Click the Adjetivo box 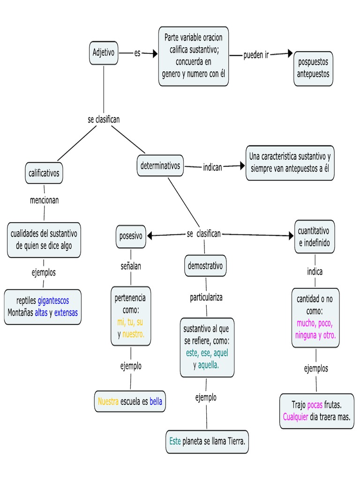coord(103,53)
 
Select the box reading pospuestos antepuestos coord(314,68)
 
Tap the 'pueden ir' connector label coord(256,55)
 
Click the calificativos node coord(44,173)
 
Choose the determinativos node coord(160,165)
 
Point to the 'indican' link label coord(212,166)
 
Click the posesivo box coord(131,236)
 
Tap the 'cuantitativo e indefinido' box coord(314,237)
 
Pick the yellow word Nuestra coord(108,401)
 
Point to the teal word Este coord(175,441)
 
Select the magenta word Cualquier coord(295,417)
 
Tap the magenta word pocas coord(315,405)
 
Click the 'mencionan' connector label coord(44,200)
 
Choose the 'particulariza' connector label coord(206,297)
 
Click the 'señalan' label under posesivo coord(131,266)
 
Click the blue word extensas coord(66,313)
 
